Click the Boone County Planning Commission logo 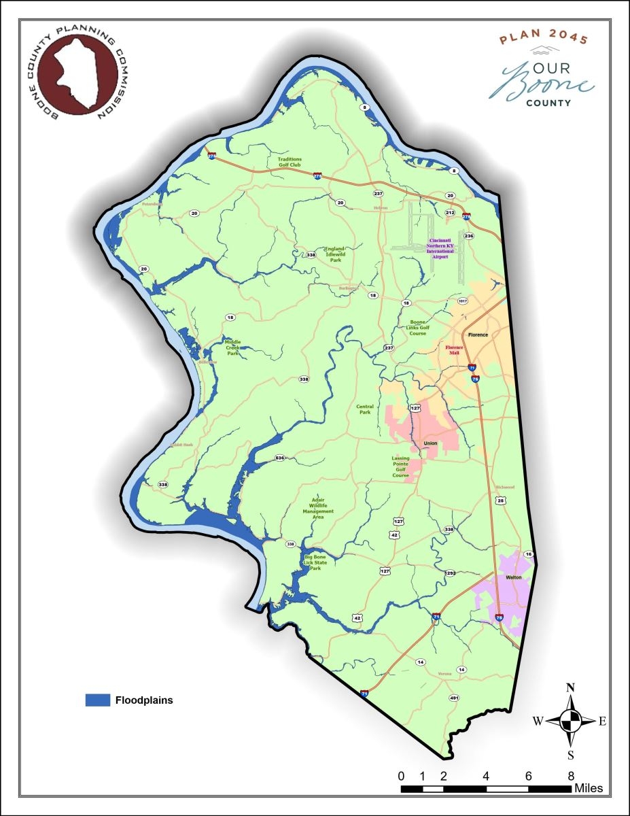pyautogui.click(x=75, y=73)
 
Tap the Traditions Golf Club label pyautogui.click(x=290, y=162)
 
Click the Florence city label pyautogui.click(x=478, y=335)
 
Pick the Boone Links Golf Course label pyautogui.click(x=418, y=328)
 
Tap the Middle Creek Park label pyautogui.click(x=233, y=348)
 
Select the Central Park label pyautogui.click(x=365, y=409)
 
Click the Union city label pyautogui.click(x=430, y=443)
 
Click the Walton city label pyautogui.click(x=513, y=577)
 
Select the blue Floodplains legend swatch pyautogui.click(x=97, y=700)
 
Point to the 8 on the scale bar pyautogui.click(x=571, y=776)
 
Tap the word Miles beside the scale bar pyautogui.click(x=589, y=789)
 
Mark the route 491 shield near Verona pyautogui.click(x=454, y=698)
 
